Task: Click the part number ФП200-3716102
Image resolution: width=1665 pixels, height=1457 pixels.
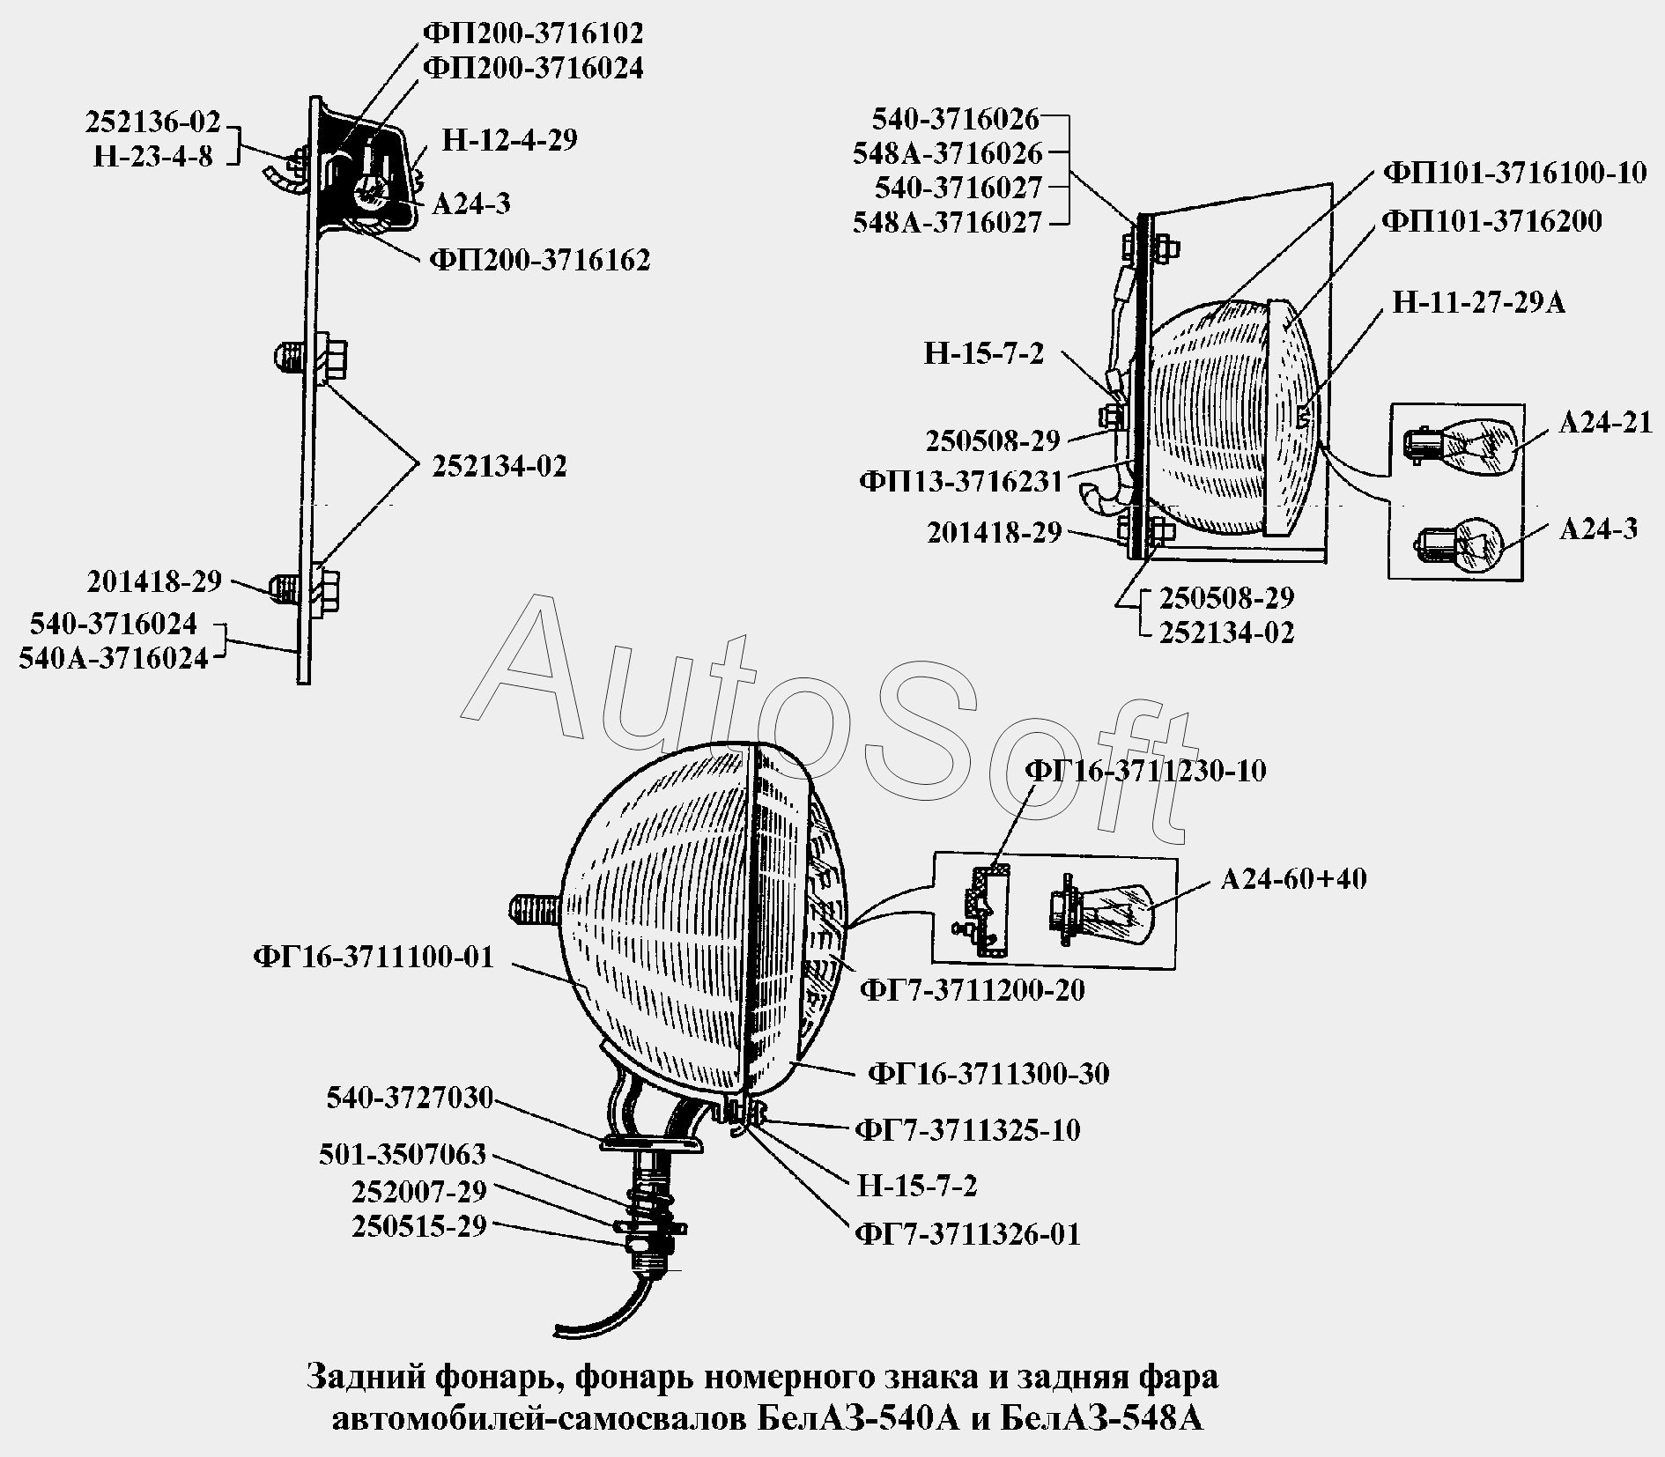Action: [533, 33]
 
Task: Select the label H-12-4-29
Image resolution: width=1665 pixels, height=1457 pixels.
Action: [509, 140]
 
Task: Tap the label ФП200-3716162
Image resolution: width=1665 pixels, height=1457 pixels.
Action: [539, 260]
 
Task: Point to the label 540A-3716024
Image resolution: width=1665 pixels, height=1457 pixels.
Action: [114, 658]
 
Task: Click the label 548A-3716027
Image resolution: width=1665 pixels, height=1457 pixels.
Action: [947, 222]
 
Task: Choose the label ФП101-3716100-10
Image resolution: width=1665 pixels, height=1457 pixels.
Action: [1514, 173]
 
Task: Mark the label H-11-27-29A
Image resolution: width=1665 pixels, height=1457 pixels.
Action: [1478, 303]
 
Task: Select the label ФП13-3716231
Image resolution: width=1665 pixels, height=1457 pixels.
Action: [960, 482]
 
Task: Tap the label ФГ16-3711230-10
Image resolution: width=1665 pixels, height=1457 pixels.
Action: [1145, 771]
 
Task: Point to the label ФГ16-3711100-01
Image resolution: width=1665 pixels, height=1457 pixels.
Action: [373, 957]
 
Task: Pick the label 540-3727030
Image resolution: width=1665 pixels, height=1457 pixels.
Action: [409, 1098]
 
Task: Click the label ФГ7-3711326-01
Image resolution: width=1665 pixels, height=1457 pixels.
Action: [966, 1233]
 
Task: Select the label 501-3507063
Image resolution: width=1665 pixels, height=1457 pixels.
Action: [403, 1154]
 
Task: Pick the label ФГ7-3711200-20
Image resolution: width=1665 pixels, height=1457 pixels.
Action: [972, 990]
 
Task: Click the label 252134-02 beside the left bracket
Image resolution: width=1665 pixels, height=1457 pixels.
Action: [499, 466]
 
